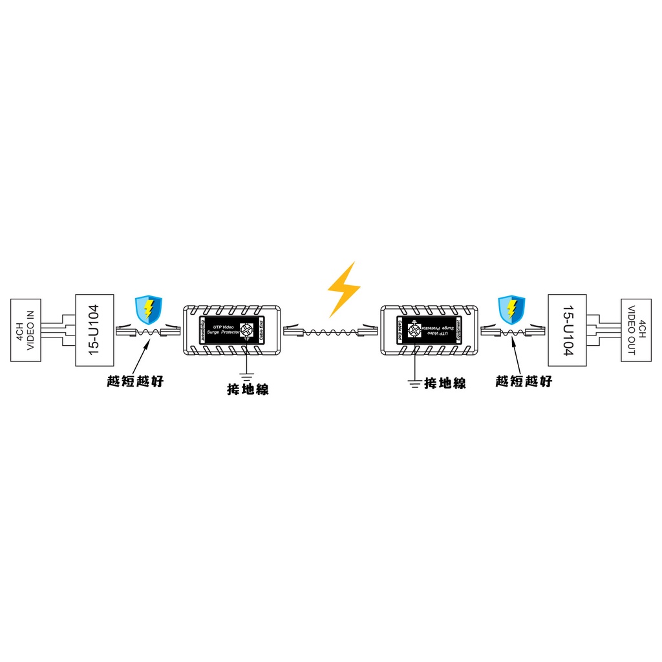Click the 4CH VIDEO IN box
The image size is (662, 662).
[26, 330]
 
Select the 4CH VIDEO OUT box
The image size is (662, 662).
[636, 330]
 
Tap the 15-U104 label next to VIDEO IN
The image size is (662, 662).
[94, 330]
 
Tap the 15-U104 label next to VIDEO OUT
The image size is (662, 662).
[567, 330]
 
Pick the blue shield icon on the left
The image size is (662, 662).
[148, 310]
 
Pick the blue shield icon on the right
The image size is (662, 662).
[511, 310]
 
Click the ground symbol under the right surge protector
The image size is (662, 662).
[414, 383]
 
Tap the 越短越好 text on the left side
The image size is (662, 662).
[135, 381]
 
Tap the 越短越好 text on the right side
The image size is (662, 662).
[524, 381]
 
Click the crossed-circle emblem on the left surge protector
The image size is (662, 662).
[248, 330]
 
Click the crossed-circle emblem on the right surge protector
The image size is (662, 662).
[414, 330]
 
